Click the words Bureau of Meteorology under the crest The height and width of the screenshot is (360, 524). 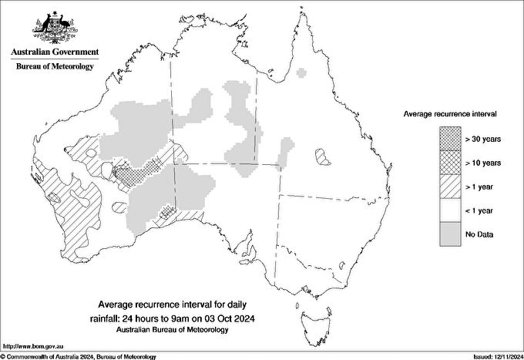coord(55,66)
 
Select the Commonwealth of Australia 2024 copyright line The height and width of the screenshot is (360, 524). coord(79,356)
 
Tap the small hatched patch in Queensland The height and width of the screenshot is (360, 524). coord(322,157)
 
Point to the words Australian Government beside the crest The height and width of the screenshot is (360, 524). coord(55,52)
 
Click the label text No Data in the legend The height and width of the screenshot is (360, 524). coord(479,234)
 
